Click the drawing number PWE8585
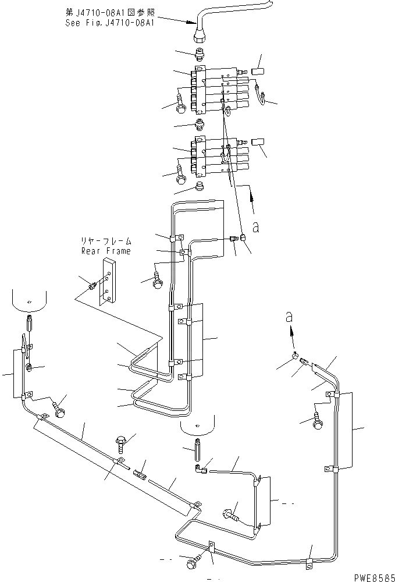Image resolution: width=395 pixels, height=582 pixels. pos(369,576)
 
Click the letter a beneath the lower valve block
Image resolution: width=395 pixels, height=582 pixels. pos(254,226)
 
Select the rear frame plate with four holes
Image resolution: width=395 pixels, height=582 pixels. pos(108,281)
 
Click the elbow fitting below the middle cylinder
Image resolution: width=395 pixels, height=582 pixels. pos(200,466)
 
